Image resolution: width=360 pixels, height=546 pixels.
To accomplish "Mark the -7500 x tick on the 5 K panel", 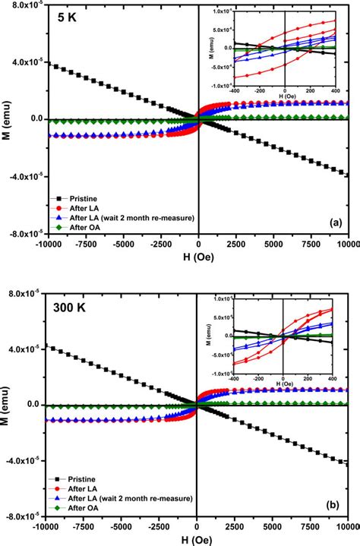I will pyautogui.click(x=84, y=247).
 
